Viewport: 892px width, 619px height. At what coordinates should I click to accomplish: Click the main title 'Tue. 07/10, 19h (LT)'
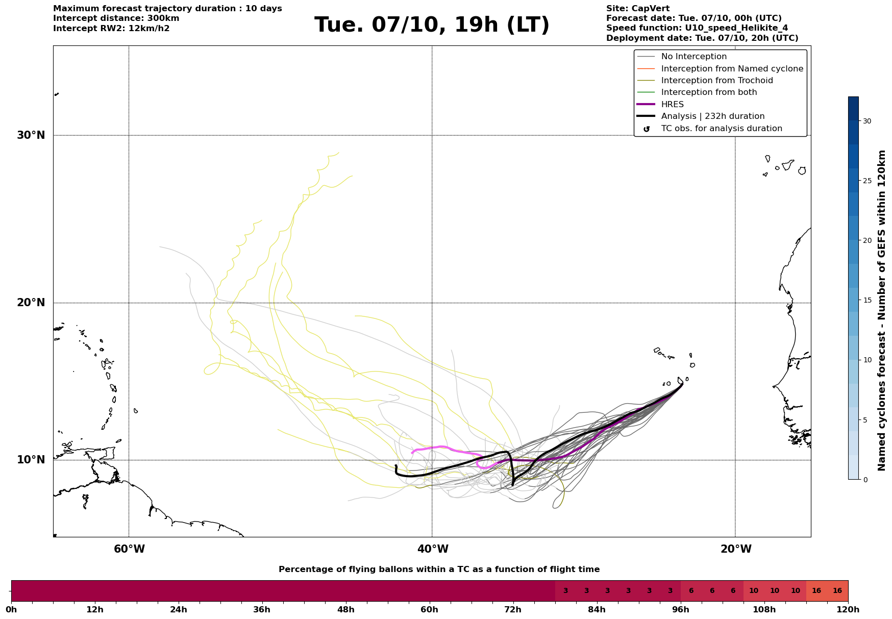[432, 25]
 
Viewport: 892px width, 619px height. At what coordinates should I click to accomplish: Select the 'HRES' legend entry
[672, 105]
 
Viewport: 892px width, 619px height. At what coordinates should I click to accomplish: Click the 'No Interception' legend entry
[693, 57]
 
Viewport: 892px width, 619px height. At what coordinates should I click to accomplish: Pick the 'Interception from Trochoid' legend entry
[716, 81]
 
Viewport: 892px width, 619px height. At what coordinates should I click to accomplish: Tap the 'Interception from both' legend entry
[709, 92]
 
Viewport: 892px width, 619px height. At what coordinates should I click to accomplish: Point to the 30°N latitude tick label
[31, 135]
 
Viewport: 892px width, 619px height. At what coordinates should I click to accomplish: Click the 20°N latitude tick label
[31, 303]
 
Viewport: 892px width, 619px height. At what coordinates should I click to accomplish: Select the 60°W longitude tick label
[129, 549]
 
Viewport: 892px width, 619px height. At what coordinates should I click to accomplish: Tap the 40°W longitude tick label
[433, 549]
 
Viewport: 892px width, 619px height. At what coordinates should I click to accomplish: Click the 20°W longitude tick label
[735, 549]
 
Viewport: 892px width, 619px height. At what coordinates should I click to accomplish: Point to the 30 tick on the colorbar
[867, 121]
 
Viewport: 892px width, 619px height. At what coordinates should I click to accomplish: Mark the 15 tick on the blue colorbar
[867, 300]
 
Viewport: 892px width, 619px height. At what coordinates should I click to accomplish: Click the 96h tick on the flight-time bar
[681, 609]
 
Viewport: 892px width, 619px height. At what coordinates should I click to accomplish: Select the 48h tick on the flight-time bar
[346, 609]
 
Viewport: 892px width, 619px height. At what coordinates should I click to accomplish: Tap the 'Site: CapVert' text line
[637, 9]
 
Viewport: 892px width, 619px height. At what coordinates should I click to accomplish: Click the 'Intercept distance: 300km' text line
[116, 18]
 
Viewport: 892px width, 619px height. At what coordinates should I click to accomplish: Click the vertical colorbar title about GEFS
[882, 310]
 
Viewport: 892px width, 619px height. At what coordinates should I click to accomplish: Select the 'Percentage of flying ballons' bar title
[439, 570]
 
